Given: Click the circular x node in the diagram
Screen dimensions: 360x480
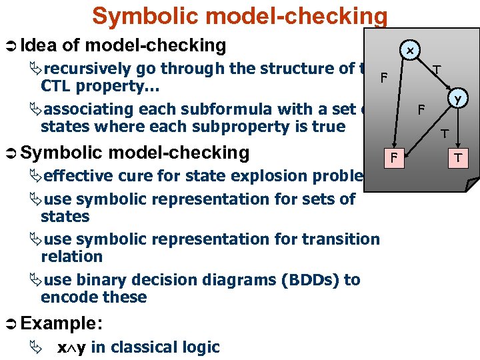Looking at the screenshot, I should pos(410,51).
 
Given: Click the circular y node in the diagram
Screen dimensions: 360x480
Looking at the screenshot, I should pos(457,99).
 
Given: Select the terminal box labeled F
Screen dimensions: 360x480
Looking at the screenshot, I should pos(394,158).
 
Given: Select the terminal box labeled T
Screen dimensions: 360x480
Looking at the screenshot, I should pos(458,158).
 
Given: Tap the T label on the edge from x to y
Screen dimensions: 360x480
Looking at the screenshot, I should pos(435,69).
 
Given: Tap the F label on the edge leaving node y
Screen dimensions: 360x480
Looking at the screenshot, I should pos(421,109).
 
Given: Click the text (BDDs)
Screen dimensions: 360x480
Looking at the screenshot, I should pos(307,280).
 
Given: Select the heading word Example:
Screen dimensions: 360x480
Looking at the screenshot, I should pos(61,323).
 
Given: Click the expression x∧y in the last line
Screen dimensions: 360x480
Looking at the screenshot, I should pos(71,347).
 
